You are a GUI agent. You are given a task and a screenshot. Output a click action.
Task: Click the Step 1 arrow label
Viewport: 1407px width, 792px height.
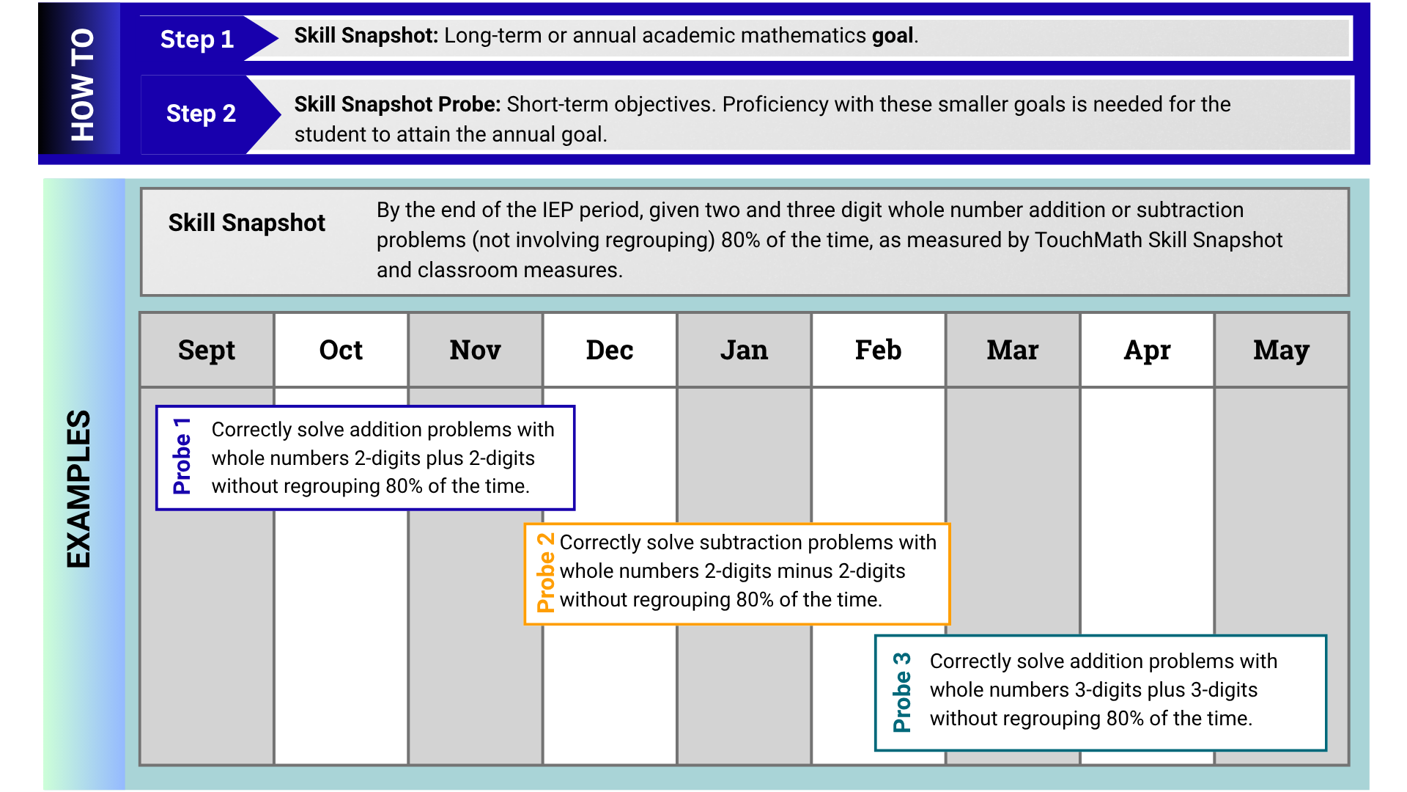197,39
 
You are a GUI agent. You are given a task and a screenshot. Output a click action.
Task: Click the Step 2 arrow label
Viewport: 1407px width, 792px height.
201,114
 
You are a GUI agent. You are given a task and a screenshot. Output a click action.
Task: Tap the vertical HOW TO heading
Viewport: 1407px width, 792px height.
83,84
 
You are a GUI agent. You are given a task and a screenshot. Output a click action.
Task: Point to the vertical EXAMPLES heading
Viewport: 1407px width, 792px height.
78,488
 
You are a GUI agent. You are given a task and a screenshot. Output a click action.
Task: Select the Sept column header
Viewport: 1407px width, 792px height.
207,351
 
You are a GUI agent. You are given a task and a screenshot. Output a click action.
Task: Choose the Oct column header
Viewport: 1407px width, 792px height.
341,351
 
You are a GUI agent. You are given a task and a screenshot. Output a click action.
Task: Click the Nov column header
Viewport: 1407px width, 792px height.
476,351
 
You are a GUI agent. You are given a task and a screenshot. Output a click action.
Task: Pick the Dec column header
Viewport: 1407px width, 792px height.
610,351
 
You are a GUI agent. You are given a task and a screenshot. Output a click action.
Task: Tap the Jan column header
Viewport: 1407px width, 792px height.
744,351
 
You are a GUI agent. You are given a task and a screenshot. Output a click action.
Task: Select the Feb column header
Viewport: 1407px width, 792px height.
879,351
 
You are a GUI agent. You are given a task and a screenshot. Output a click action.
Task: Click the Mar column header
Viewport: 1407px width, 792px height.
1013,351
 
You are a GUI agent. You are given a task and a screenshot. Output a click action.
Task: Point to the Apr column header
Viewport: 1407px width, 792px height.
1147,351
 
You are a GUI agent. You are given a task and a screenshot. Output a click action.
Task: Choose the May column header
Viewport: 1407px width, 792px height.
1281,351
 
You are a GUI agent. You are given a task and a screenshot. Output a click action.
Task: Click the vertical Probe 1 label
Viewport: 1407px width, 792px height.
182,456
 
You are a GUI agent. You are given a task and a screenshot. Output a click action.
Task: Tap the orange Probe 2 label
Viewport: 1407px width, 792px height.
545,573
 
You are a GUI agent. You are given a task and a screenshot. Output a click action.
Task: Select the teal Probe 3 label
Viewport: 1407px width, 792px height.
902,692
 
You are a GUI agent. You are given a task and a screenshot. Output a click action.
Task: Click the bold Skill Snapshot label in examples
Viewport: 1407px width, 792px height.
247,223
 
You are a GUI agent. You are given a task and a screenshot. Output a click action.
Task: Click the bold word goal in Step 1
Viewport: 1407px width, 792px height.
893,36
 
